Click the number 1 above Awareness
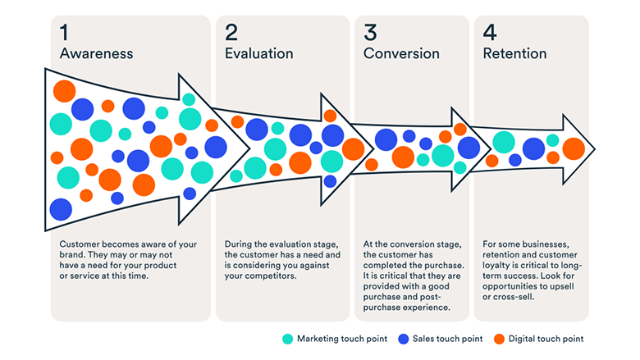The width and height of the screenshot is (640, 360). tap(64, 33)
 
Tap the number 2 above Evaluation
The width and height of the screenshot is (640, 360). tap(231, 33)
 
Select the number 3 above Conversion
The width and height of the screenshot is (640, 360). tap(370, 33)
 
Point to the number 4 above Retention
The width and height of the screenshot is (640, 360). tap(490, 33)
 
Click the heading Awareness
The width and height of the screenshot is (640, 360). tap(96, 53)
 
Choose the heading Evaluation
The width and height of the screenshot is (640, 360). tap(258, 53)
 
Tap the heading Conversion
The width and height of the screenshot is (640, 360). tap(401, 53)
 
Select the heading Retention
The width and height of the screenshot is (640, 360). tap(514, 53)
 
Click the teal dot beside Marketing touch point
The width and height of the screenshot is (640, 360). tap(288, 339)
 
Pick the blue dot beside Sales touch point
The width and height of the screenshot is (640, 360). tap(403, 339)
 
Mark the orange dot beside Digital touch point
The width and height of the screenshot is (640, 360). tap(499, 339)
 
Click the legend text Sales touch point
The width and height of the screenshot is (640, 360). tap(447, 339)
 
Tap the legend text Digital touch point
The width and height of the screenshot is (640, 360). tap(546, 339)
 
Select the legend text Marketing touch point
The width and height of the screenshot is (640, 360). tap(342, 339)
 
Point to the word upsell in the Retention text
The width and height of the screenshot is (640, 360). tap(561, 286)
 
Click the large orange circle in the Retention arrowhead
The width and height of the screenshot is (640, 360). tap(574, 148)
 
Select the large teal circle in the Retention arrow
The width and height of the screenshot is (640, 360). tap(504, 143)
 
